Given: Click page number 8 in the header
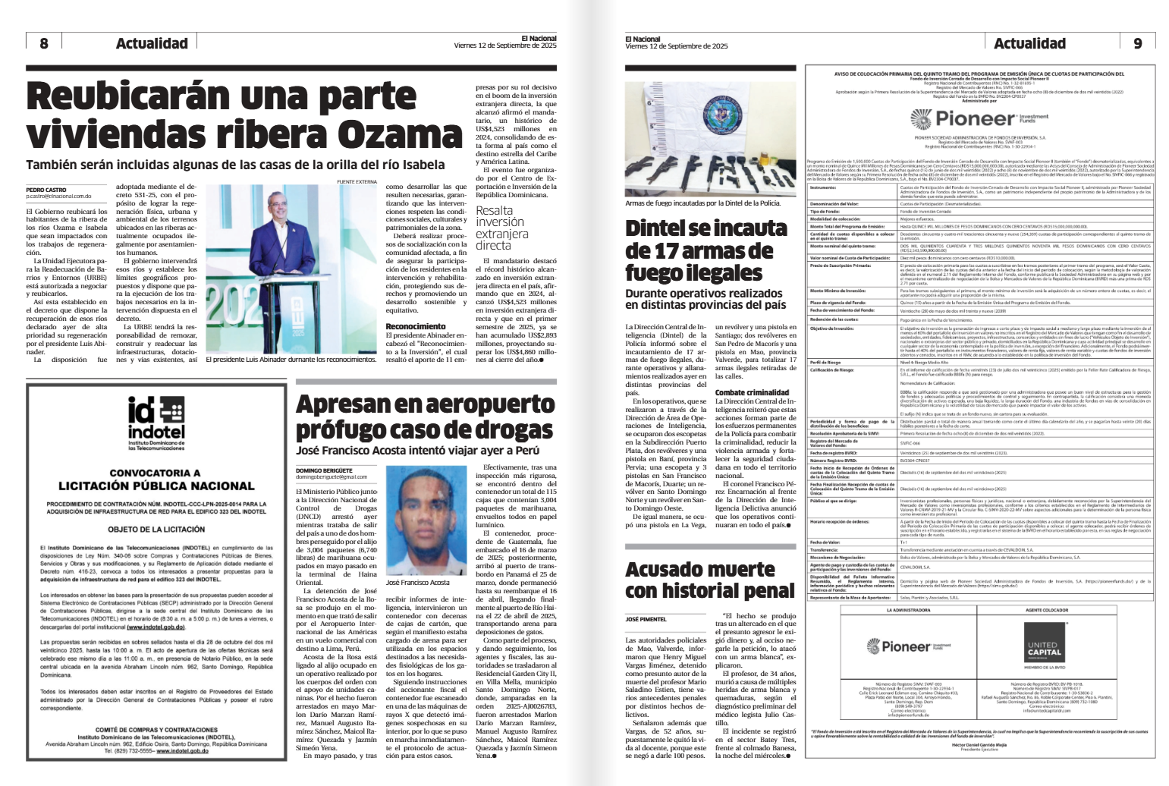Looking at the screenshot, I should (44, 43).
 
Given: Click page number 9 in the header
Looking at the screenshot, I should (1137, 43).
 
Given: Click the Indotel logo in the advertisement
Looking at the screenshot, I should (156, 421).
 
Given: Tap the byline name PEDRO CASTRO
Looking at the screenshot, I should (46, 190).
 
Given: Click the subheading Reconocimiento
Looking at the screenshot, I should (416, 326).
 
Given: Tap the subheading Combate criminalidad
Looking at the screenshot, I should (752, 392).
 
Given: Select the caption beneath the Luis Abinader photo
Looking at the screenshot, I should (291, 360).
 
